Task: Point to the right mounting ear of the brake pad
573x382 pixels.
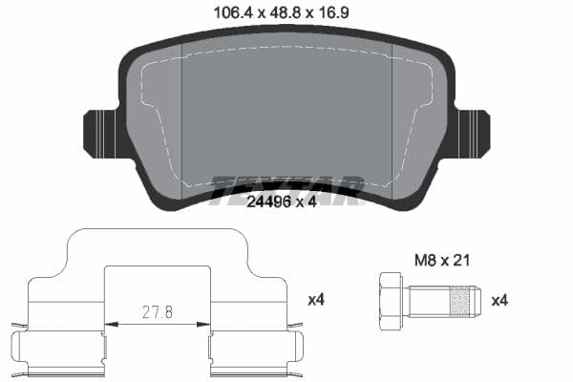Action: click(472, 135)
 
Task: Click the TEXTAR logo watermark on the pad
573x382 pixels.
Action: click(286, 187)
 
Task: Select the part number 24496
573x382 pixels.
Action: click(268, 202)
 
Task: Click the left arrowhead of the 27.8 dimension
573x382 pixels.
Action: click(108, 324)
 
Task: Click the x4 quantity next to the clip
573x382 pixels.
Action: click(317, 300)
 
